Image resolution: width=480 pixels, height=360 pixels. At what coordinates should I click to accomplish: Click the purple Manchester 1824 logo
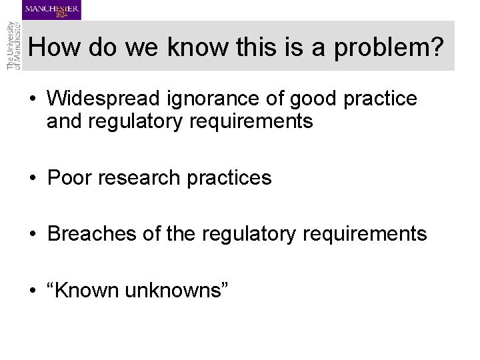pos(52,10)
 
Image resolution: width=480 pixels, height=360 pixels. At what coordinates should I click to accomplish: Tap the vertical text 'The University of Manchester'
pos(13,45)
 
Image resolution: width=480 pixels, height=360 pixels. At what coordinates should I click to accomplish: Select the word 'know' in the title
pos(201,48)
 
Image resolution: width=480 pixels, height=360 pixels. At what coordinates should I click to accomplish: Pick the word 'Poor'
pos(71,177)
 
